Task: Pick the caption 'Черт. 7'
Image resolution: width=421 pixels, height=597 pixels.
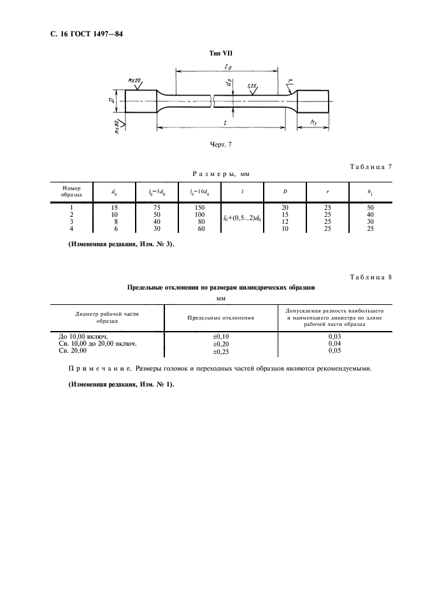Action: pyautogui.click(x=220, y=144)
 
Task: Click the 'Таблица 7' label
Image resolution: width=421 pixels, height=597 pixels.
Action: pyautogui.click(x=370, y=167)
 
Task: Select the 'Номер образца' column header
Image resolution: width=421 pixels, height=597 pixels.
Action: pyautogui.click(x=71, y=191)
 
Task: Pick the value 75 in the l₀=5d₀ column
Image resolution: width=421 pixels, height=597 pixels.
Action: pyautogui.click(x=157, y=207)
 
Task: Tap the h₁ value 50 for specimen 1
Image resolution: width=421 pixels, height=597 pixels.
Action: pyautogui.click(x=370, y=207)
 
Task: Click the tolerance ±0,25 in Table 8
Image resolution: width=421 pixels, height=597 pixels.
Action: pyautogui.click(x=220, y=350)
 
